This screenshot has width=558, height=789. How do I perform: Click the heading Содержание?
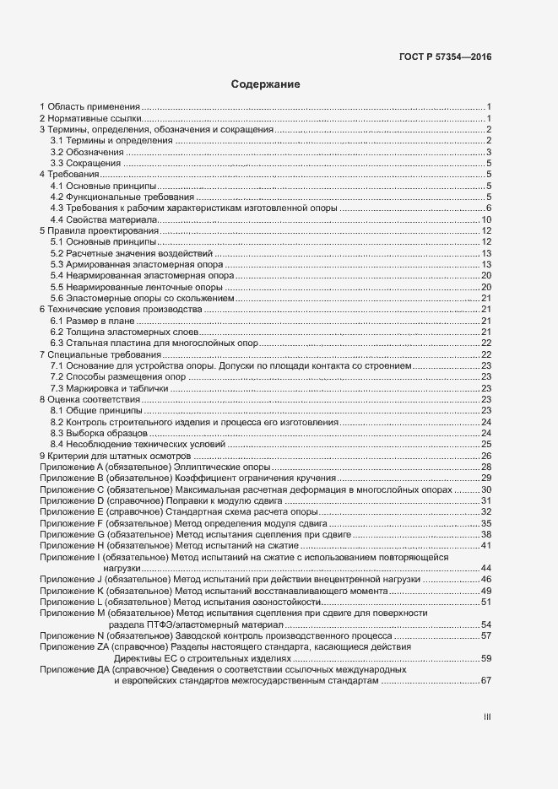click(265, 85)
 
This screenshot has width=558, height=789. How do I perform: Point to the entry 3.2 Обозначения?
click(86, 152)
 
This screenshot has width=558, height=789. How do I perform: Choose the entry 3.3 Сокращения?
click(84, 163)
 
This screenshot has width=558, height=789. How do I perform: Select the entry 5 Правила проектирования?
click(100, 230)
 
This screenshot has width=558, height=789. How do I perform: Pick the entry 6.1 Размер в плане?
click(91, 321)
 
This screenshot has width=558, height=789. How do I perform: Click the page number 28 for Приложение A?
click(486, 467)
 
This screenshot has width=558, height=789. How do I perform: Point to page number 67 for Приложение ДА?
click(486, 680)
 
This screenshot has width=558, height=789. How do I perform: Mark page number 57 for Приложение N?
click(486, 635)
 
